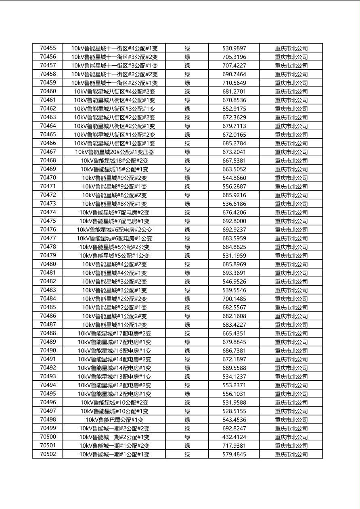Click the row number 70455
(x=48, y=48)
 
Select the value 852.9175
(x=234, y=108)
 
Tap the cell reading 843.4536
(x=234, y=420)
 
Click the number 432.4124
(x=234, y=437)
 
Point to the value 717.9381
(x=234, y=446)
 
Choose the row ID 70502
(x=48, y=454)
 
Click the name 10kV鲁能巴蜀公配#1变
(x=114, y=420)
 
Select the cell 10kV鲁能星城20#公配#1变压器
(x=114, y=152)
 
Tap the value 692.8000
(x=234, y=221)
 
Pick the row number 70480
(x=48, y=264)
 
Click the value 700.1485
(x=234, y=299)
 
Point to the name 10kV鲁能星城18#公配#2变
(x=114, y=161)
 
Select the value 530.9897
(x=234, y=48)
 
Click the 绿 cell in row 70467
(x=187, y=152)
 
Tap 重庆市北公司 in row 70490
(x=291, y=351)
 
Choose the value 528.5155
(x=234, y=411)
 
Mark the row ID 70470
(x=48, y=178)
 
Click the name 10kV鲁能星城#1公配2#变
(x=114, y=316)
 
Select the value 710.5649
(x=234, y=83)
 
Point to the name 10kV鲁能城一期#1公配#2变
(x=114, y=446)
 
